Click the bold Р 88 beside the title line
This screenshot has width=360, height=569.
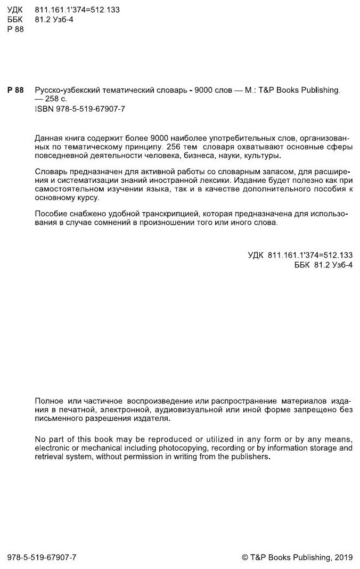(15, 90)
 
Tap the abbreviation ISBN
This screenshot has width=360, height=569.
(44, 108)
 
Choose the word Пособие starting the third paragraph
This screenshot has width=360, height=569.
(50, 214)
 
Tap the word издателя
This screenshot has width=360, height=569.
(156, 419)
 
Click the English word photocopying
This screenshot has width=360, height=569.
(174, 448)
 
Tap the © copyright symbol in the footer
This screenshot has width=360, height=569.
(245, 557)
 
